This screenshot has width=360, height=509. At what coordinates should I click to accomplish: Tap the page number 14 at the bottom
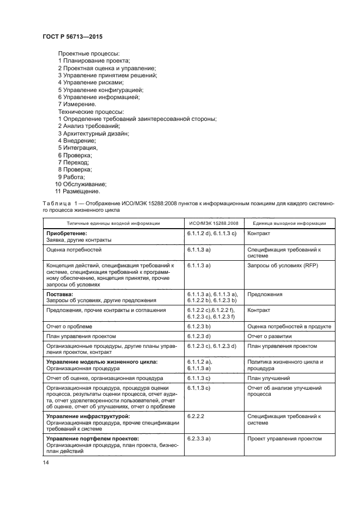click(x=45, y=463)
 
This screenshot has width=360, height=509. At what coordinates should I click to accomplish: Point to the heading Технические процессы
click(x=91, y=111)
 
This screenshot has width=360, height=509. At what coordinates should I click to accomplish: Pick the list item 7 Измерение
click(x=77, y=104)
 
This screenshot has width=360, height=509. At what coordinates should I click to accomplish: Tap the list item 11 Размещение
click(x=77, y=191)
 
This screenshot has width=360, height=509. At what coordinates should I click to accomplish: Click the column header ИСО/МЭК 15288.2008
click(x=213, y=223)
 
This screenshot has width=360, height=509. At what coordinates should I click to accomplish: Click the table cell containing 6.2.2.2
click(x=196, y=415)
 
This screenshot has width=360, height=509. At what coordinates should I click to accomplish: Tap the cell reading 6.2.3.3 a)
click(x=199, y=438)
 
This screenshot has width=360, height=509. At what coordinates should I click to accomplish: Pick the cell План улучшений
click(x=268, y=378)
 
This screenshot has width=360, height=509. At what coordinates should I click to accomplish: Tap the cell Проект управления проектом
click(x=282, y=438)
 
